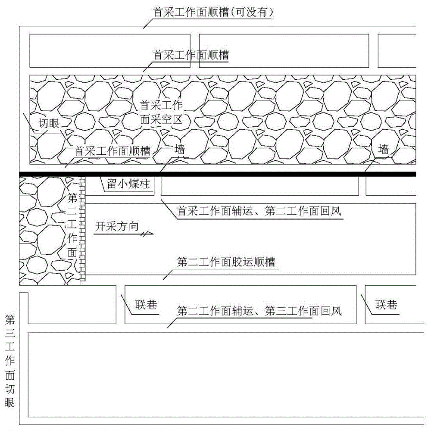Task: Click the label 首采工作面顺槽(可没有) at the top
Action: pyautogui.click(x=213, y=12)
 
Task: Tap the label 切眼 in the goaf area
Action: pyautogui.click(x=49, y=123)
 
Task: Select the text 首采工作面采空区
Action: pyautogui.click(x=161, y=112)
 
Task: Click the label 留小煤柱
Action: pyautogui.click(x=128, y=184)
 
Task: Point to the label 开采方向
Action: pyautogui.click(x=117, y=227)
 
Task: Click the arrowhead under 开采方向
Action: pyautogui.click(x=147, y=234)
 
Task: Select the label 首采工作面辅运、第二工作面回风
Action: pyautogui.click(x=259, y=211)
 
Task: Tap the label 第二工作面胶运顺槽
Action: pyautogui.click(x=226, y=262)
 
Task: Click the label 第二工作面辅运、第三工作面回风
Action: pyautogui.click(x=259, y=311)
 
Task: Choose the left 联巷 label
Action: pyautogui.click(x=146, y=305)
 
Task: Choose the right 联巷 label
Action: pyautogui.click(x=386, y=305)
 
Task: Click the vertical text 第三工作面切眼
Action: pyautogui.click(x=9, y=361)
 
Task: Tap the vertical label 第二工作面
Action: pyautogui.click(x=72, y=225)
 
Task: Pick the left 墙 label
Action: pyautogui.click(x=179, y=150)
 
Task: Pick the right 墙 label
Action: pyautogui.click(x=383, y=149)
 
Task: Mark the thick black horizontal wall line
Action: pyautogui.click(x=217, y=174)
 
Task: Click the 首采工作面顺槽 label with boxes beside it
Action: pyautogui.click(x=191, y=55)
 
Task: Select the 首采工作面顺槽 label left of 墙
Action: pyautogui.click(x=112, y=151)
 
